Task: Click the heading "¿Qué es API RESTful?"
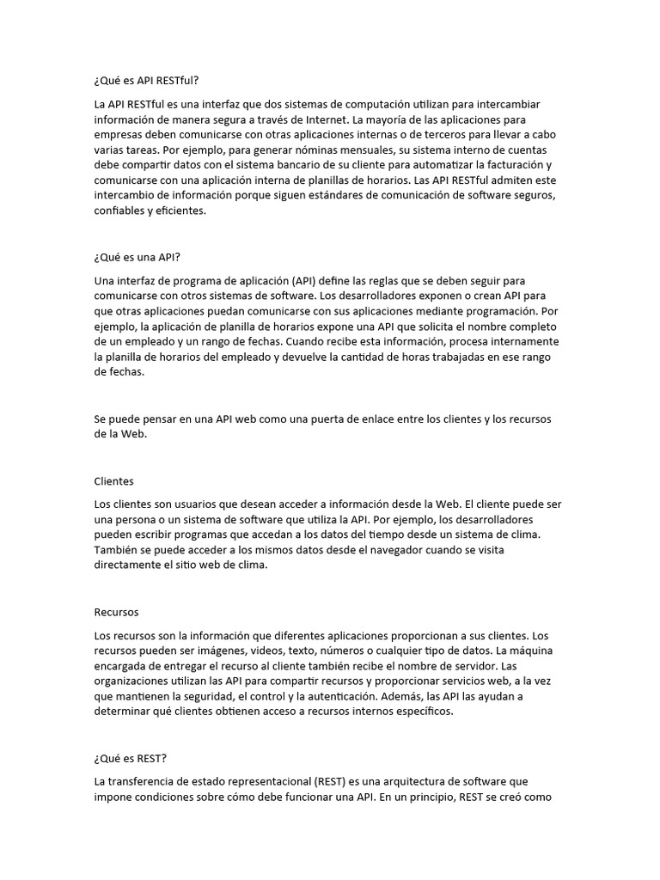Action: click(146, 81)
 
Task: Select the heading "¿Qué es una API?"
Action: click(137, 257)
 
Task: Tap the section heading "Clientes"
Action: click(113, 481)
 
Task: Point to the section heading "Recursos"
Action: click(116, 613)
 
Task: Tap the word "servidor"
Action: click(466, 666)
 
